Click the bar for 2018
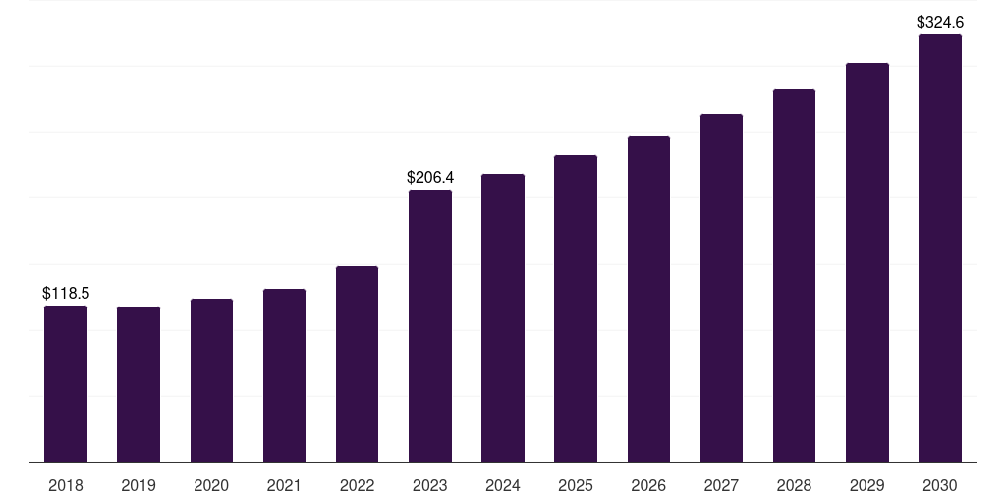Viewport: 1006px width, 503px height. tap(66, 383)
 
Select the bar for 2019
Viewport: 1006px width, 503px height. tap(139, 384)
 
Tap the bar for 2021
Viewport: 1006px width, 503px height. tap(284, 375)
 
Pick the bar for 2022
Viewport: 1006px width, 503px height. tap(357, 363)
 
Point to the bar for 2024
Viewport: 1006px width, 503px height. tap(503, 317)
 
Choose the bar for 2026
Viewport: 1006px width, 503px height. tap(648, 299)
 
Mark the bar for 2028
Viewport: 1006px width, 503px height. tap(794, 275)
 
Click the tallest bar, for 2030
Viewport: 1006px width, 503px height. tap(940, 248)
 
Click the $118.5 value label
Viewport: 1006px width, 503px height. tap(66, 293)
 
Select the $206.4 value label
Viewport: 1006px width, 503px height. tap(430, 178)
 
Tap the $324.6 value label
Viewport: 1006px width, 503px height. tap(940, 22)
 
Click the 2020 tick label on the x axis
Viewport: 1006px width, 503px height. tap(211, 485)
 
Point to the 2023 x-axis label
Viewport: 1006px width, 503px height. tap(430, 485)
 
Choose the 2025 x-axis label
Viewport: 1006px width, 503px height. tap(576, 485)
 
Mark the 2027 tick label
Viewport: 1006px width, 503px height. tap(721, 485)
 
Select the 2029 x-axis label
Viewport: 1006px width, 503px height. tap(867, 485)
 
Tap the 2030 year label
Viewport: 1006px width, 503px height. tap(940, 485)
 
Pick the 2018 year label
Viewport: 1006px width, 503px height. tap(66, 485)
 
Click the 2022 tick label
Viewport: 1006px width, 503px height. tap(357, 485)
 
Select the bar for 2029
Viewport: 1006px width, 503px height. tap(867, 262)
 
